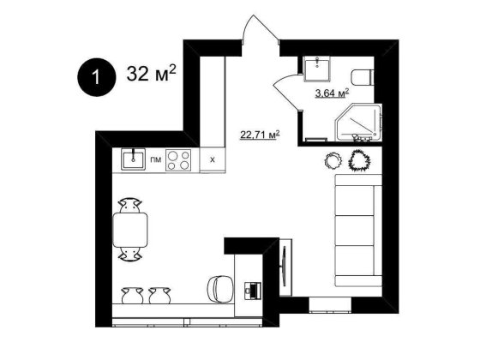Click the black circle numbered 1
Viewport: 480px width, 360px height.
[96, 77]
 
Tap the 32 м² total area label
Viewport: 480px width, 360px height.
[151, 73]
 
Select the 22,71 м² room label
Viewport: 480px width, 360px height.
[261, 135]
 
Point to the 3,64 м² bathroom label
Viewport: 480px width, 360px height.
[333, 93]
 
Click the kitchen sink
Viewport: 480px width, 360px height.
[133, 159]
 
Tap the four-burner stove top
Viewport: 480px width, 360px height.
[178, 160]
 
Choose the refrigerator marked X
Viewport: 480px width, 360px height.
[213, 159]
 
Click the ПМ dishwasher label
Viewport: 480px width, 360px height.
[155, 159]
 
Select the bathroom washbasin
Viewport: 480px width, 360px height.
[317, 69]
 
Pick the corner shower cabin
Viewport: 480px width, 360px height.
[358, 123]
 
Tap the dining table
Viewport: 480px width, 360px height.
[130, 230]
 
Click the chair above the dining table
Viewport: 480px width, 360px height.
[130, 206]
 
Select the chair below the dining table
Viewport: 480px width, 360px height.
[130, 254]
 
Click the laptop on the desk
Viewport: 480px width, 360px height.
[253, 291]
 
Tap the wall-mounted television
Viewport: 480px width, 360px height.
[284, 267]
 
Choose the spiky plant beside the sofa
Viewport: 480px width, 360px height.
[360, 159]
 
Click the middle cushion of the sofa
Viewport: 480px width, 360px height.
[355, 231]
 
